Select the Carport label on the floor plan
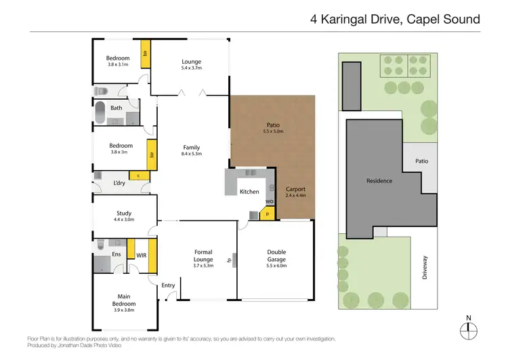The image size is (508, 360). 294,191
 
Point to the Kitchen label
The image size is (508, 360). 249,192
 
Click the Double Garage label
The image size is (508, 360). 276,256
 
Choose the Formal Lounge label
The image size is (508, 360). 203,256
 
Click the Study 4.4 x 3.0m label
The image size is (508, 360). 124,216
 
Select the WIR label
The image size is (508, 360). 142,256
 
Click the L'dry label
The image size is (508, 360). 119,184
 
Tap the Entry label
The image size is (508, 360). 168,285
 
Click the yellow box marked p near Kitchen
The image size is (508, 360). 267,214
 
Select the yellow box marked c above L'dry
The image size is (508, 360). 139,176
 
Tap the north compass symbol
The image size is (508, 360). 468,329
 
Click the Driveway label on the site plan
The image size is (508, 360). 425,258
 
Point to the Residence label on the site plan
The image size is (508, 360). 379,181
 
